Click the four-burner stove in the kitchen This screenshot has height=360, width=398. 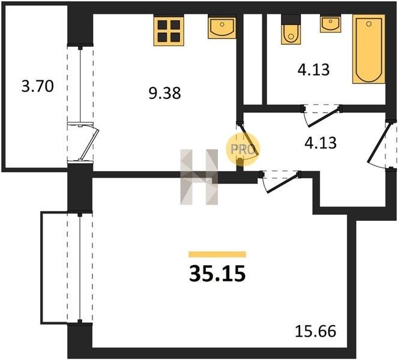[x=169, y=31]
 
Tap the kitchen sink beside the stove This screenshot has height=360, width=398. [x=222, y=27]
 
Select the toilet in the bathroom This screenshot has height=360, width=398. [x=291, y=30]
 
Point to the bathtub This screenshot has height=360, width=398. [x=369, y=49]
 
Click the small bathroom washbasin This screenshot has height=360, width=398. [x=331, y=24]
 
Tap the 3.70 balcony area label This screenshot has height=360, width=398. [x=38, y=86]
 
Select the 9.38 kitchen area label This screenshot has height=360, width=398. [x=164, y=93]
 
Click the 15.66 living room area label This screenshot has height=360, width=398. [x=316, y=331]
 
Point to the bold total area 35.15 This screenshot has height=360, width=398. [x=217, y=274]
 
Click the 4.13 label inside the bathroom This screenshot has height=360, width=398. [x=314, y=70]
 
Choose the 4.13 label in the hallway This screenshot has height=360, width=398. [x=321, y=143]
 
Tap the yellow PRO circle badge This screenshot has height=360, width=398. [x=243, y=149]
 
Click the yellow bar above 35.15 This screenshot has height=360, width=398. [x=217, y=254]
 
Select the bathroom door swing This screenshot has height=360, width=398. [x=321, y=116]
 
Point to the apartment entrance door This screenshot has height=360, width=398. [x=378, y=144]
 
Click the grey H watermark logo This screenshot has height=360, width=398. [x=199, y=177]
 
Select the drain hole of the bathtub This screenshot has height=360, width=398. [x=369, y=24]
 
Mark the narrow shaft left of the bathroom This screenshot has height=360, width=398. [x=253, y=59]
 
